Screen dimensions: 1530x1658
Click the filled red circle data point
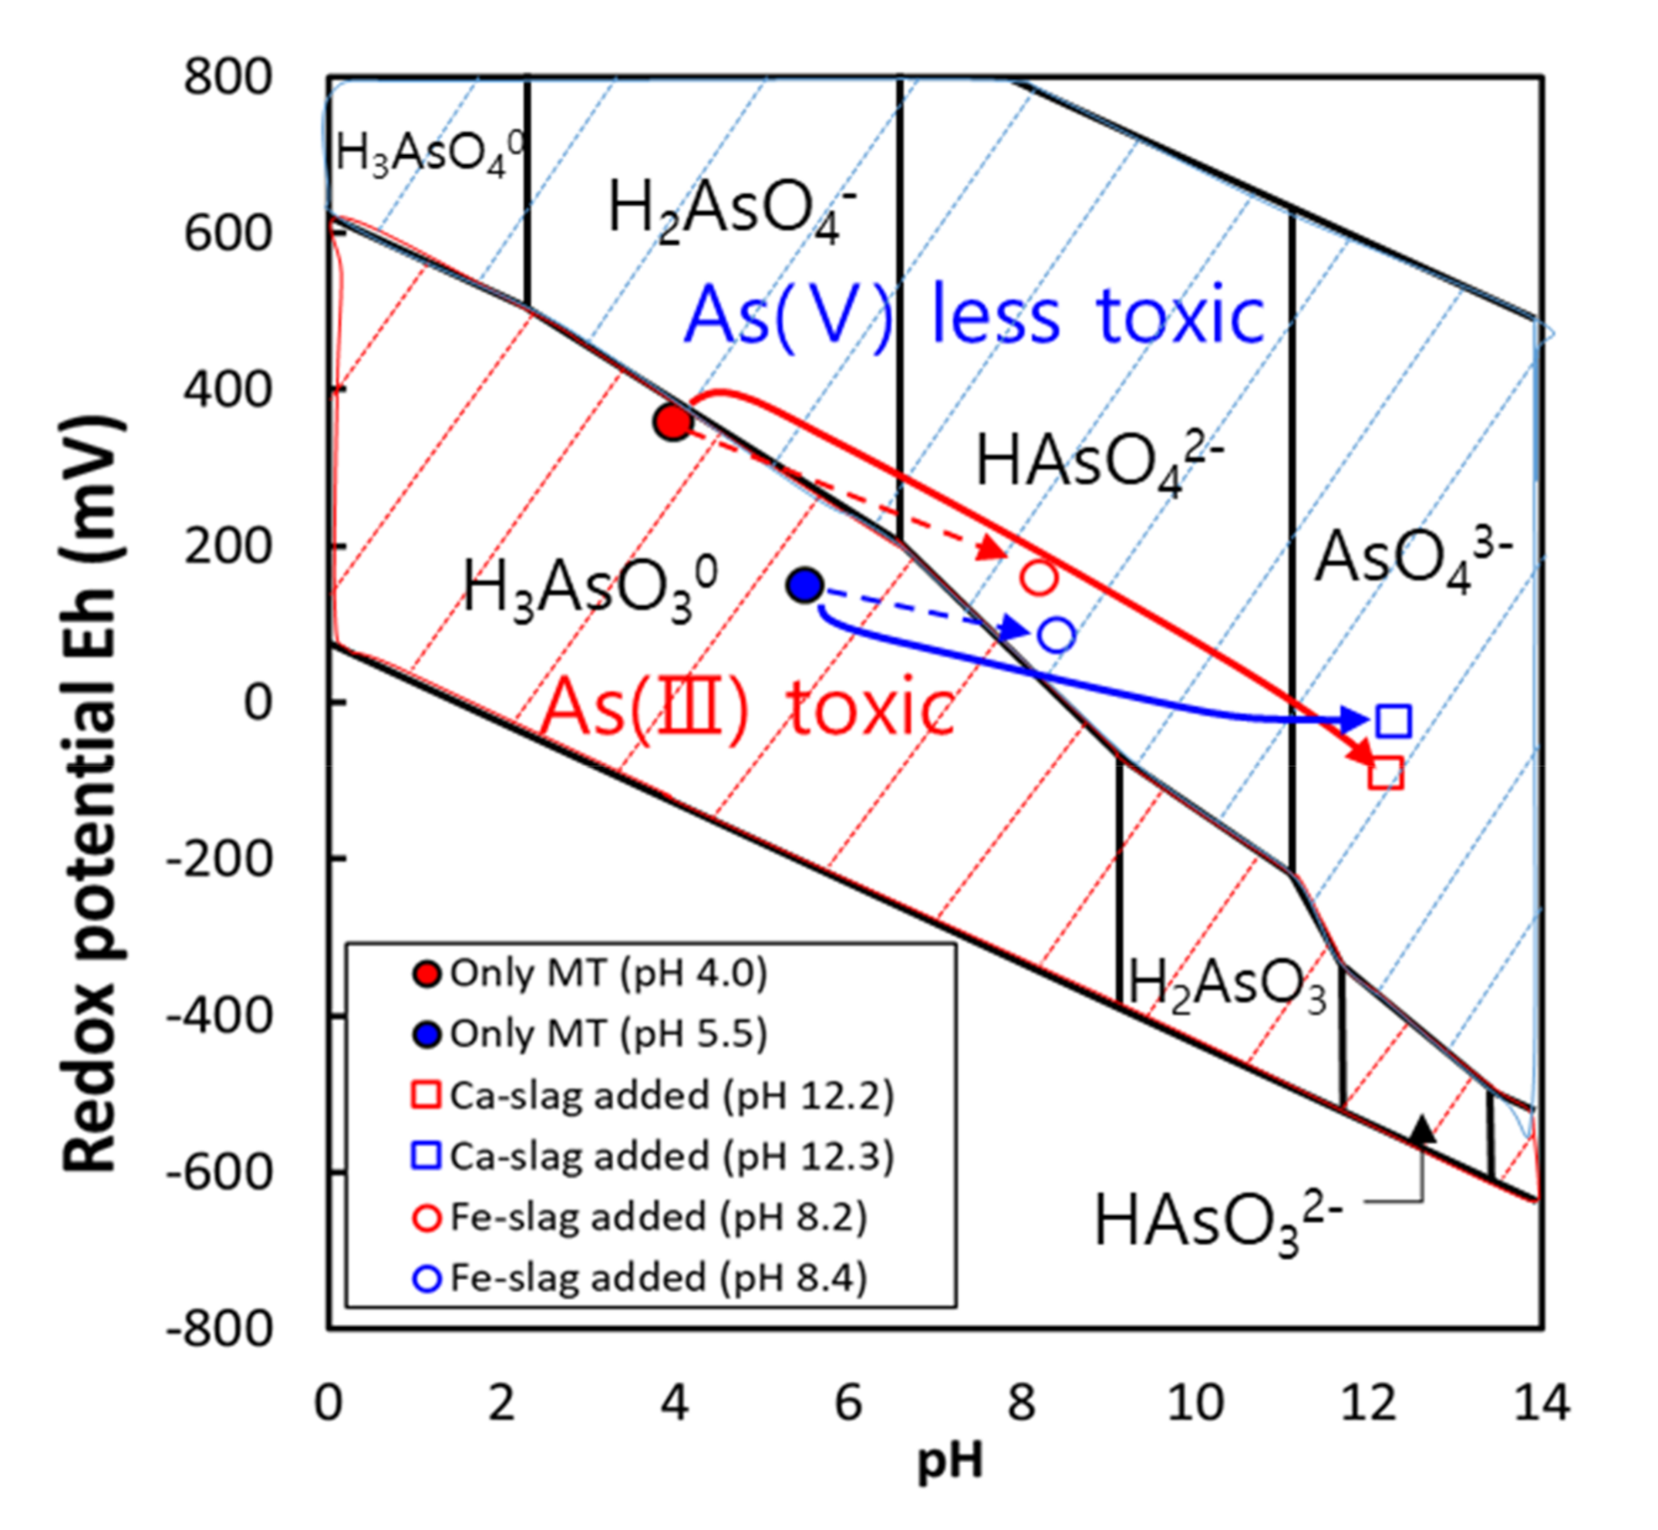tap(673, 423)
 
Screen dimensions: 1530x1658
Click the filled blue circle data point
tap(804, 586)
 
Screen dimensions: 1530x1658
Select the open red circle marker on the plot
tap(1039, 577)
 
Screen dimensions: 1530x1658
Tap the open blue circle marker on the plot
tap(1056, 635)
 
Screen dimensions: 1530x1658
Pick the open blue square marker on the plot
tap(1394, 720)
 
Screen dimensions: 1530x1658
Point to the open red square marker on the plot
tap(1386, 773)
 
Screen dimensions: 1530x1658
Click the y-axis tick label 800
tap(227, 78)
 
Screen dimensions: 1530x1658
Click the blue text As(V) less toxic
tap(974, 316)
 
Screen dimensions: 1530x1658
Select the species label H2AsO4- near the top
tap(733, 210)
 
